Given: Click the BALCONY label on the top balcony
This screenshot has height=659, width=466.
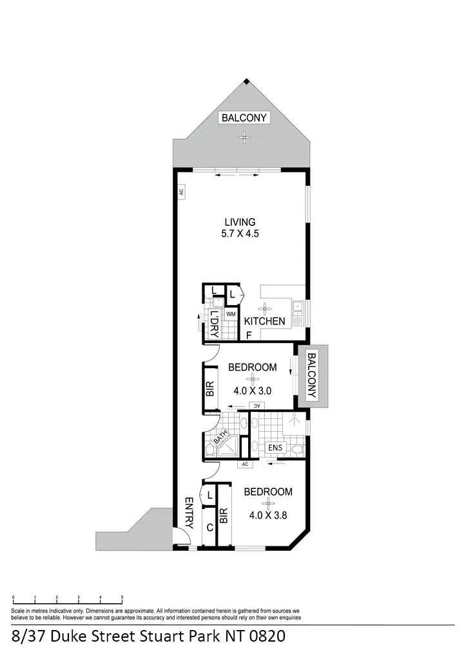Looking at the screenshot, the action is click(244, 118).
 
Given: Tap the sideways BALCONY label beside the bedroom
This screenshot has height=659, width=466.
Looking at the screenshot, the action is click(311, 375).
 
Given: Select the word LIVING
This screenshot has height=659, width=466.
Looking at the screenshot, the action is click(240, 222).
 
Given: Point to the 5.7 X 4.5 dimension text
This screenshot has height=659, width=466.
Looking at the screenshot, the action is click(240, 234).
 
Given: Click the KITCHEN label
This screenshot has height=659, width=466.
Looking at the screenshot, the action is click(265, 321).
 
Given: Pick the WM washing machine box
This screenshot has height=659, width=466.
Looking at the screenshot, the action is click(231, 314).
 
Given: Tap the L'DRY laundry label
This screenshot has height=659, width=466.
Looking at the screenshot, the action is click(214, 324).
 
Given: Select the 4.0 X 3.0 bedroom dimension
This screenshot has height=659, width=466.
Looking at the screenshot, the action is click(253, 391).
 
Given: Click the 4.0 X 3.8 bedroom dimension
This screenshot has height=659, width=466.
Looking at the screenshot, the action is click(268, 515).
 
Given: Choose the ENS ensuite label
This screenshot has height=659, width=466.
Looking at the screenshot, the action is click(275, 448).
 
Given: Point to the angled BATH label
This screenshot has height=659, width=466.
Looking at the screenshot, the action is click(220, 437).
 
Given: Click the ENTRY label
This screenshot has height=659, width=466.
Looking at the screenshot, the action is click(189, 513).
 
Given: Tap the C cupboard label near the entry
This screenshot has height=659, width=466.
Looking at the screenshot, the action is click(210, 528).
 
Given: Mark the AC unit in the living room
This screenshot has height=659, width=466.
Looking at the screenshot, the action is click(181, 192).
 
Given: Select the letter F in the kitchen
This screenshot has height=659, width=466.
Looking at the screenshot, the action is click(249, 335).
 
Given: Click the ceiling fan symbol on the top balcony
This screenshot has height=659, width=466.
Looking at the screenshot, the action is click(244, 138).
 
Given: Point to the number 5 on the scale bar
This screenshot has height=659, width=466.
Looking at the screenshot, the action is click(122, 597).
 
